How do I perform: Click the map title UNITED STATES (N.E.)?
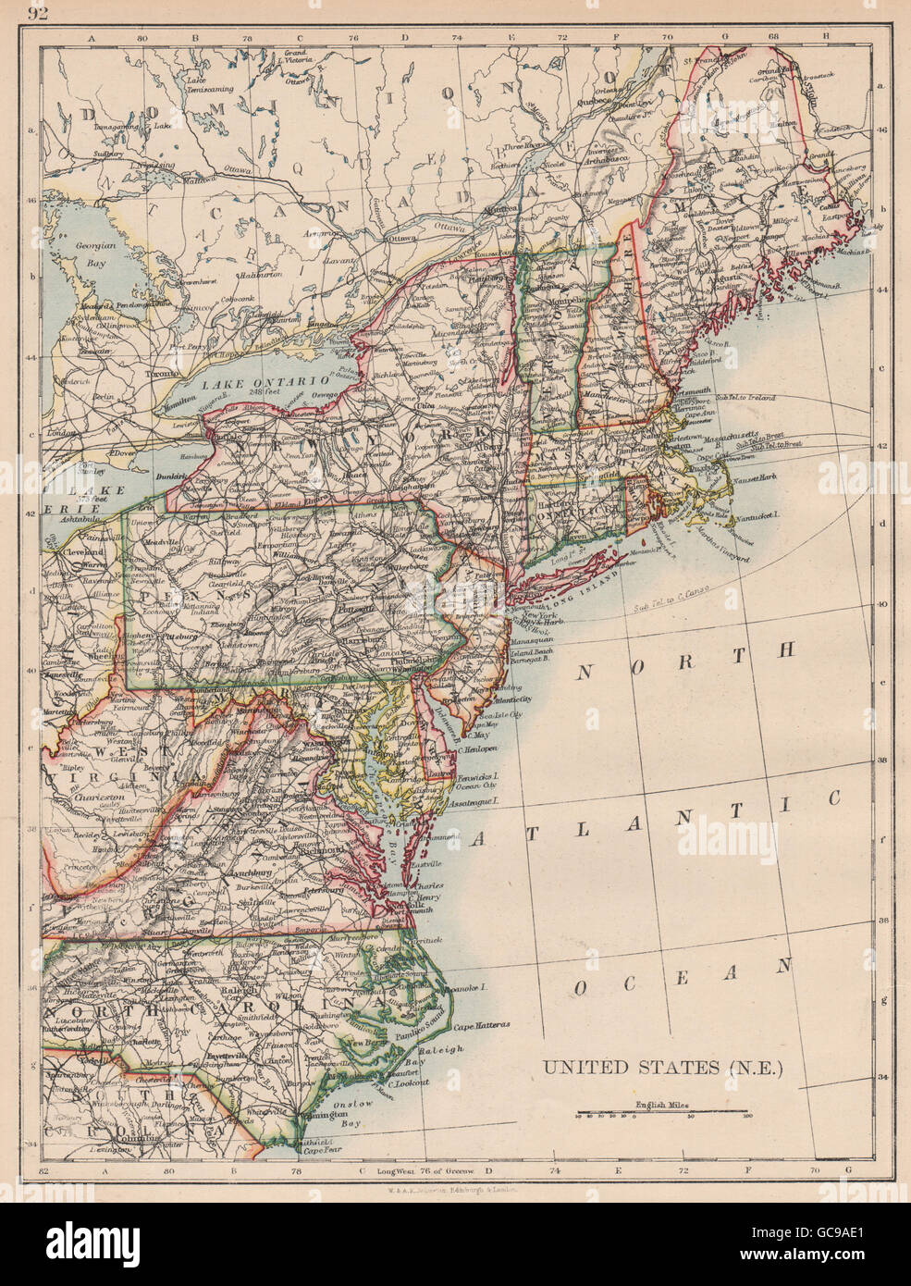[x=663, y=1067]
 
